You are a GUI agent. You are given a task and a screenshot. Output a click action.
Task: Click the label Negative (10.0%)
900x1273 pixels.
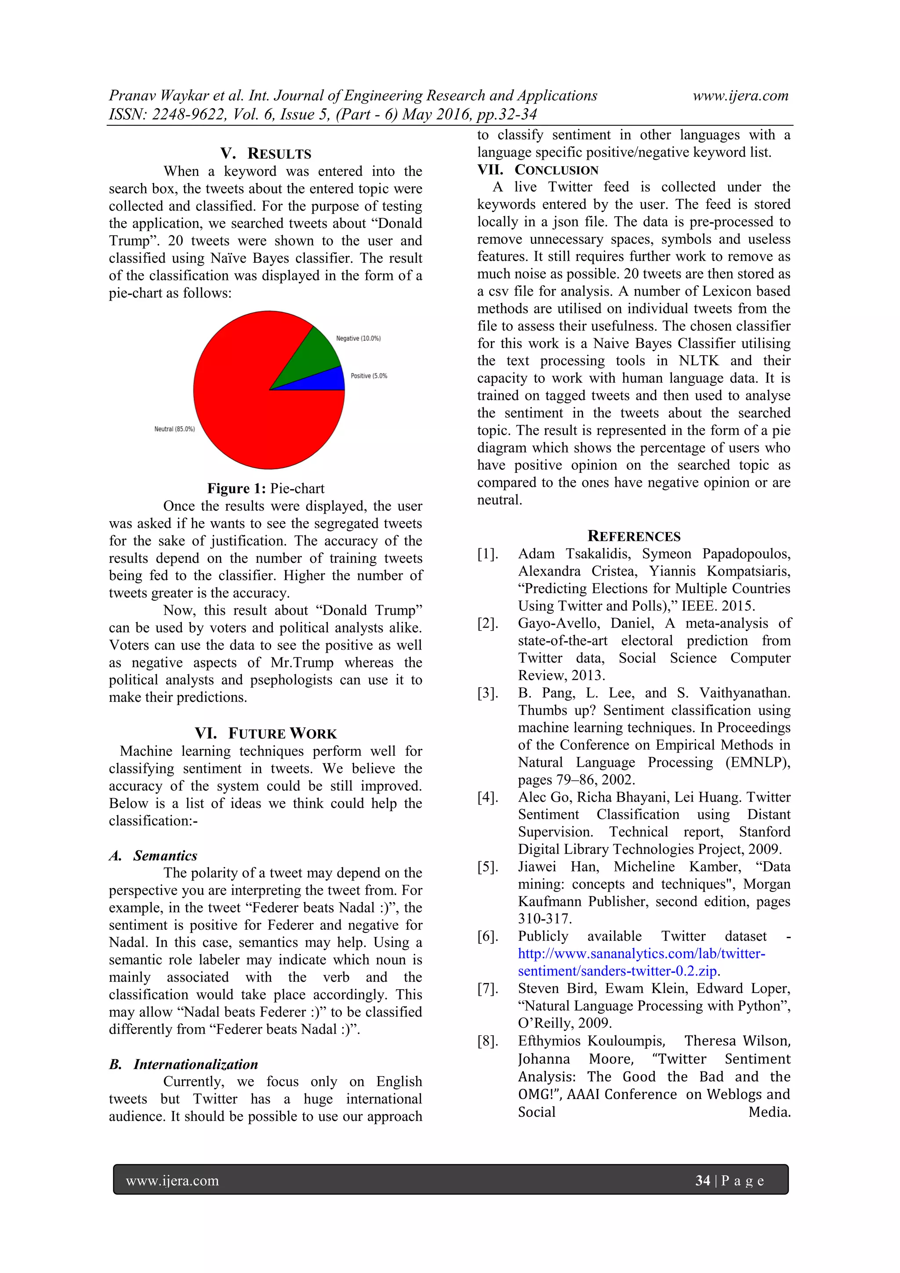tap(358, 338)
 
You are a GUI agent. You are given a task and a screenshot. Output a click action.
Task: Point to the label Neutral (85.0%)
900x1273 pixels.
tap(174, 429)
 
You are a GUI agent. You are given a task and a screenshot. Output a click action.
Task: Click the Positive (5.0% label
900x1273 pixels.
tap(369, 376)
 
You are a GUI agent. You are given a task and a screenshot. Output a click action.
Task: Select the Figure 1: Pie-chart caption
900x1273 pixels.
tap(265, 489)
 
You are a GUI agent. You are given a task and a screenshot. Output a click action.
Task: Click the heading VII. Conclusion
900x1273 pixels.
tap(538, 170)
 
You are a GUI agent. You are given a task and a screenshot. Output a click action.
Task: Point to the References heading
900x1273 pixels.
tap(634, 536)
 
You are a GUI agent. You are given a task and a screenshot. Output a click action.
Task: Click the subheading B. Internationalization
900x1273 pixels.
tap(184, 1064)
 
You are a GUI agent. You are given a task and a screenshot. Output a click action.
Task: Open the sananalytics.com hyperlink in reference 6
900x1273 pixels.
tap(641, 954)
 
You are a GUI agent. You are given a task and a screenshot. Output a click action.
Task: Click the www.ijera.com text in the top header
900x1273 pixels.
tap(740, 95)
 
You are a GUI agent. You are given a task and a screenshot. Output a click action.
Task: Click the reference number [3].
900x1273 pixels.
tap(488, 693)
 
